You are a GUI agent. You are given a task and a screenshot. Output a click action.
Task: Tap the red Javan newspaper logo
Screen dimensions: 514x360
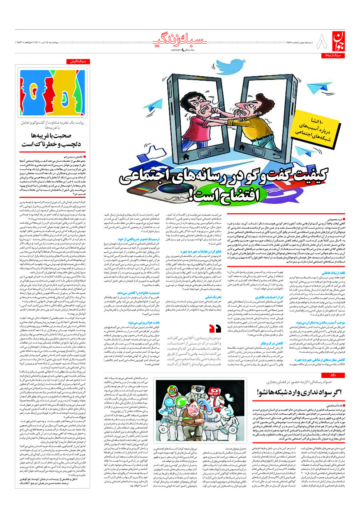337,42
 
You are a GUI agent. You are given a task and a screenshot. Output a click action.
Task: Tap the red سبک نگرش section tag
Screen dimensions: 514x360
78,62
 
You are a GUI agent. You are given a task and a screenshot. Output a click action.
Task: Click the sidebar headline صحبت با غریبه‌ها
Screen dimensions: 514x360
51,136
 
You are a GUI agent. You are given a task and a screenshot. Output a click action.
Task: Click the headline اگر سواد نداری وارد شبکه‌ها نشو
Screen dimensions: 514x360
299,392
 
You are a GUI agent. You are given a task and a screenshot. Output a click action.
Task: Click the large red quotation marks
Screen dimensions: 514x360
215,329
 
